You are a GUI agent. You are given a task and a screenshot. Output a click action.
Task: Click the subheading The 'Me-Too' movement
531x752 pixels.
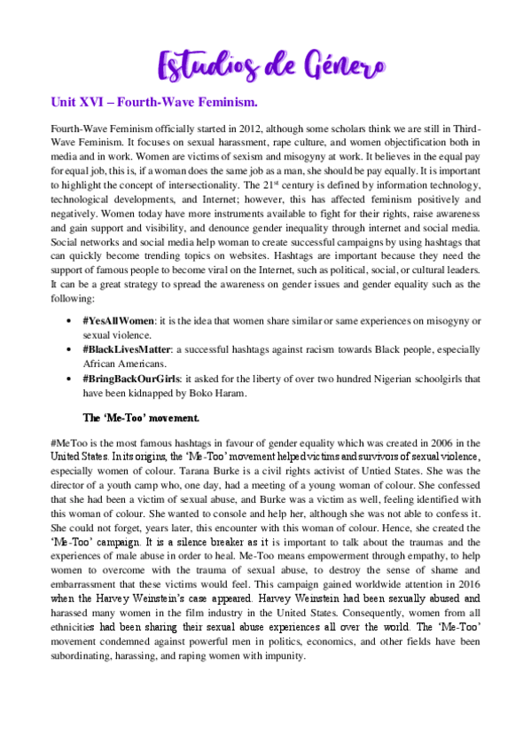pos(141,417)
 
